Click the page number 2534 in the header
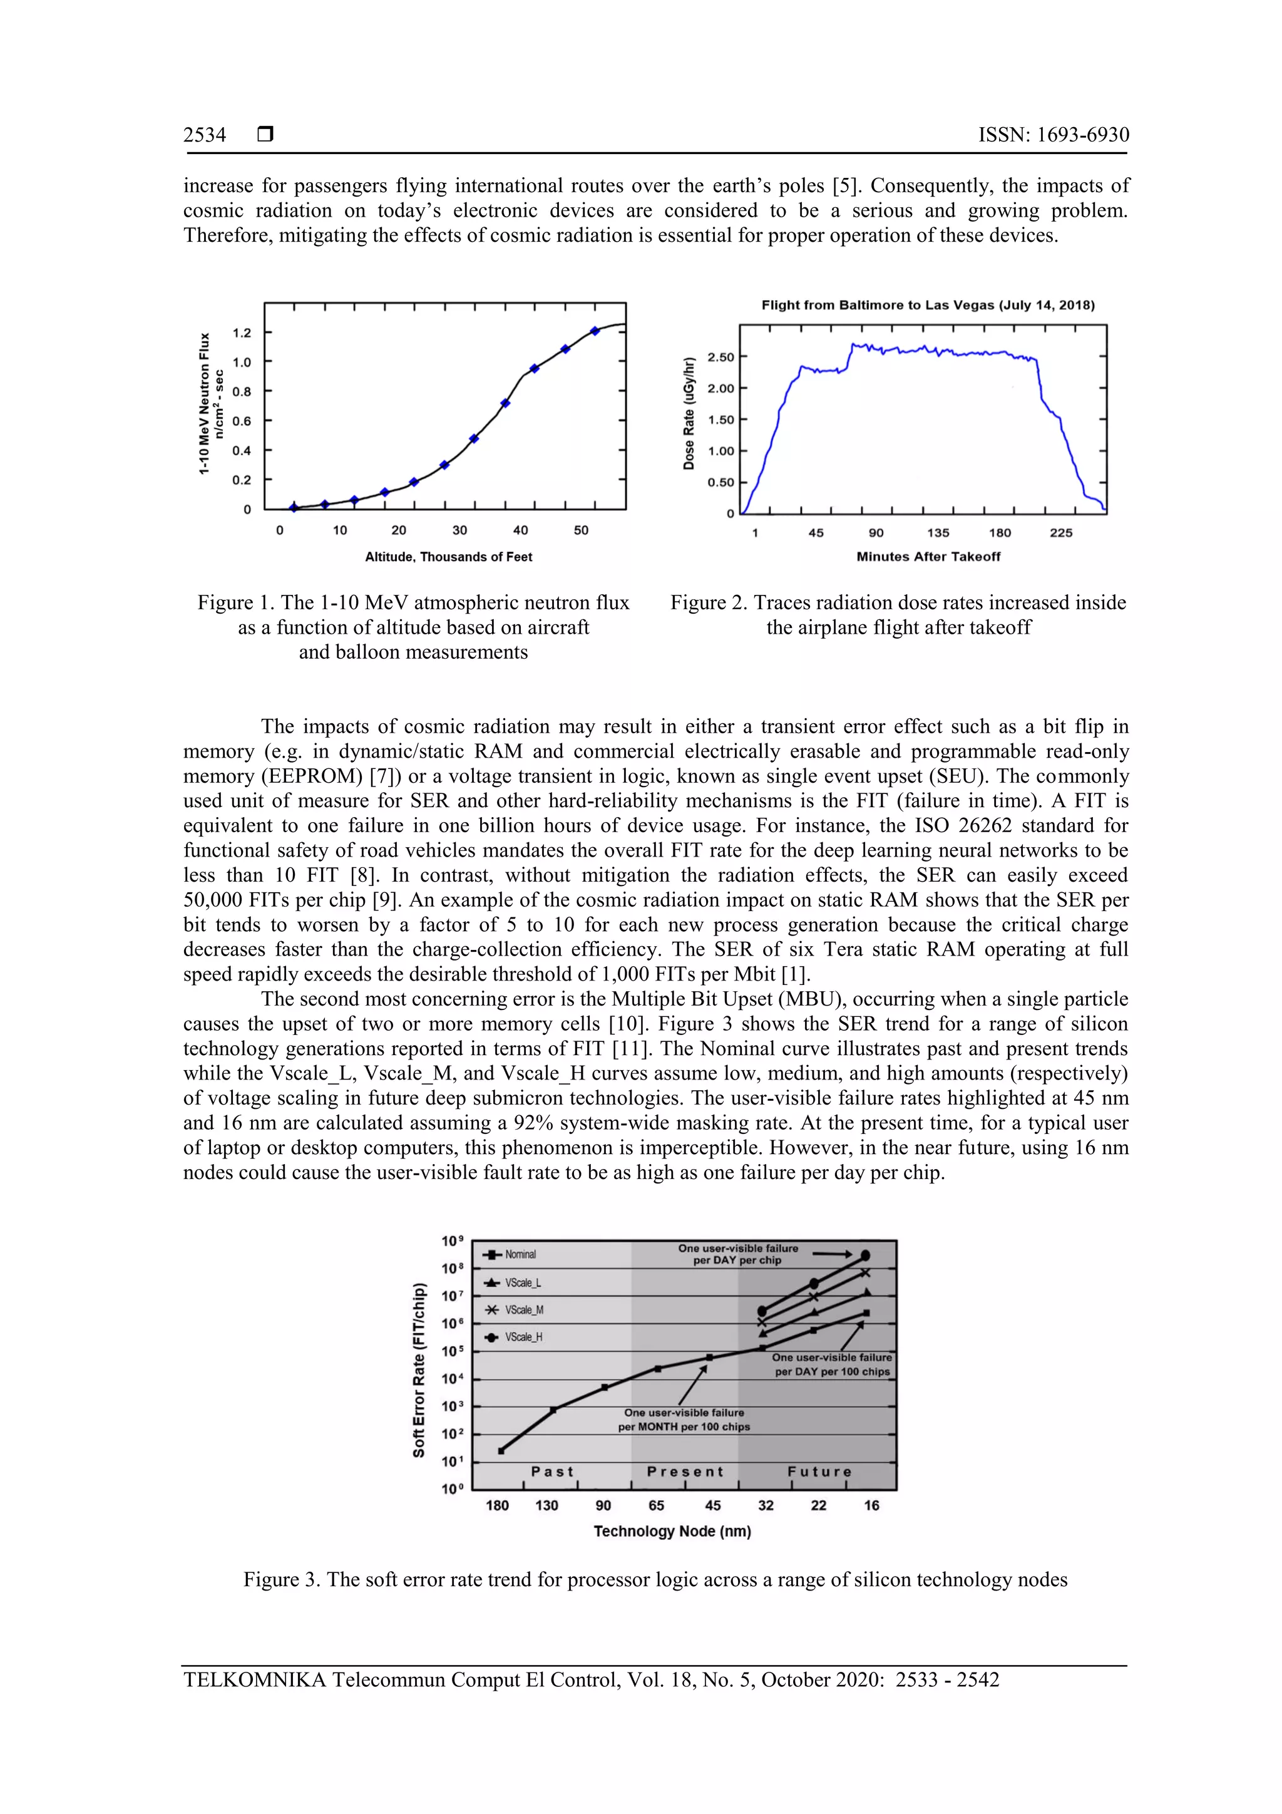point(205,135)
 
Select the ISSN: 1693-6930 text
point(1053,135)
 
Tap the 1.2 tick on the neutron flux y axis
point(241,332)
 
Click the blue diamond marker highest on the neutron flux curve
point(595,331)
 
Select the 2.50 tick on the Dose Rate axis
point(720,357)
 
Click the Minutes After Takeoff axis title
point(928,557)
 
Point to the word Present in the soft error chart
point(685,1472)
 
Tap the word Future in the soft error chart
point(819,1472)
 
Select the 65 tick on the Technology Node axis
point(657,1506)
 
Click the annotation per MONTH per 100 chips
point(684,1427)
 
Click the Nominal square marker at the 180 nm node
point(501,1451)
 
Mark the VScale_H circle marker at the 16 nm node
point(865,1255)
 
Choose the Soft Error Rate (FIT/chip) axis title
point(419,1370)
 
